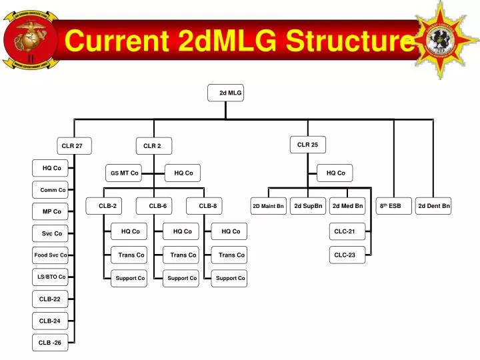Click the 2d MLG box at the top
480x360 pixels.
click(226, 93)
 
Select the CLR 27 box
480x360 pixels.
click(73, 145)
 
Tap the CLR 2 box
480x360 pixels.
click(153, 145)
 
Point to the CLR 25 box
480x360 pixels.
click(307, 144)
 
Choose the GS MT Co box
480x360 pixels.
click(125, 173)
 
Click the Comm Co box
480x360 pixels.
click(51, 190)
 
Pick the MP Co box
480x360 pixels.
click(51, 211)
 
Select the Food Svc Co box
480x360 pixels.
click(51, 255)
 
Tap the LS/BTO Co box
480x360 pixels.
click(51, 277)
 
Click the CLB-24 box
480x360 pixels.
click(51, 321)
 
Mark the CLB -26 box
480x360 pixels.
click(51, 343)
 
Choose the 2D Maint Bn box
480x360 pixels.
click(269, 206)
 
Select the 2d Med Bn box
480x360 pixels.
click(347, 206)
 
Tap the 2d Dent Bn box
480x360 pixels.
click(434, 206)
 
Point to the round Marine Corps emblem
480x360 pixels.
click(26, 39)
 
